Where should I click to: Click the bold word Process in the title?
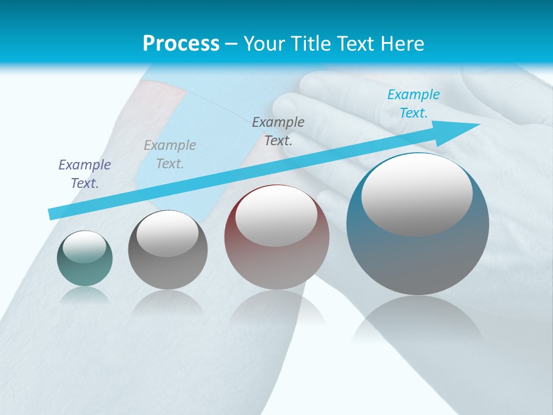(181, 44)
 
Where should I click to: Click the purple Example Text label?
(85, 174)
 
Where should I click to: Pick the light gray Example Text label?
(170, 154)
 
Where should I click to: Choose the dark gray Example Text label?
(278, 131)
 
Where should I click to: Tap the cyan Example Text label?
(413, 104)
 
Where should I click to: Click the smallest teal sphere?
(85, 271)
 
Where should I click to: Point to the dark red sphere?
(276, 265)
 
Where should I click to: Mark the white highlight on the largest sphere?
(416, 194)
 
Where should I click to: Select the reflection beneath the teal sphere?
(85, 296)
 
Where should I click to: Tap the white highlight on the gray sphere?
(168, 233)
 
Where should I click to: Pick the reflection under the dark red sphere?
(276, 308)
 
